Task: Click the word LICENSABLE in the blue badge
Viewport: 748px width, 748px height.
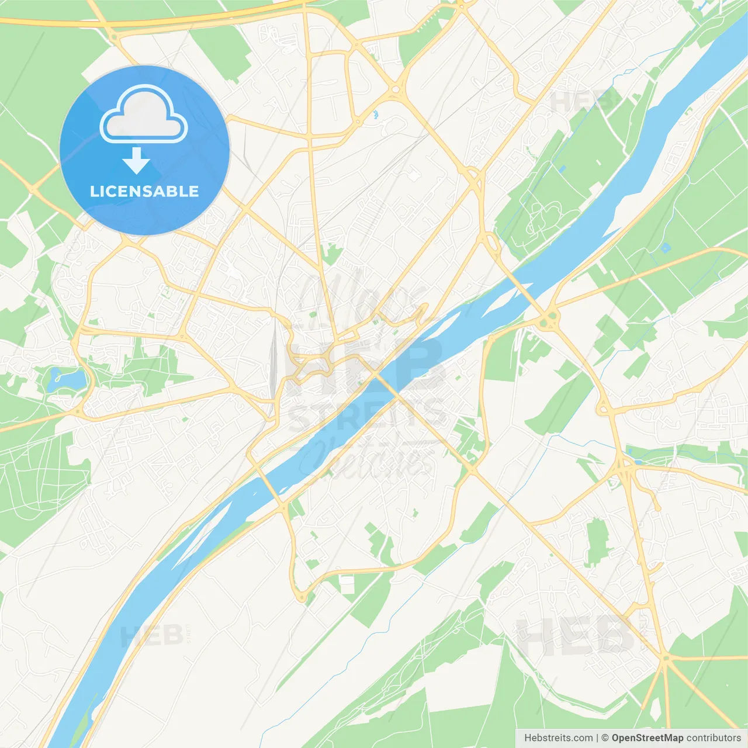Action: pos(144,191)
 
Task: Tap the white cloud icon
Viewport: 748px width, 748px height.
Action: pos(144,115)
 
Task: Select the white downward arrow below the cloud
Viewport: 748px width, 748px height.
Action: pos(136,161)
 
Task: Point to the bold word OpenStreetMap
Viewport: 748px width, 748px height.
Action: pos(647,738)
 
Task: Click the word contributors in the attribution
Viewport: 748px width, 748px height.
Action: pos(714,738)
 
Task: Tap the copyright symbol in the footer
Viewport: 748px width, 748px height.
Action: pos(605,738)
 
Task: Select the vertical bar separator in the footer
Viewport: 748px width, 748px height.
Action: pos(597,738)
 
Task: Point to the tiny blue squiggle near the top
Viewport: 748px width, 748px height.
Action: pos(375,115)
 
